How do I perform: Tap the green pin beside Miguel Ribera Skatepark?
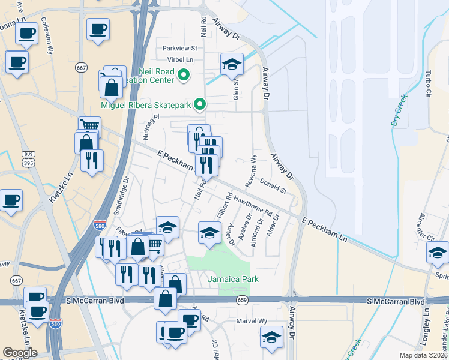coord(200,105)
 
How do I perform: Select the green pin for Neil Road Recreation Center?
coord(184,76)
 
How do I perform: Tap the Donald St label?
coord(274,185)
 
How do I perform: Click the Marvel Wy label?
coord(254,321)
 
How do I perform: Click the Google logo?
coord(20,353)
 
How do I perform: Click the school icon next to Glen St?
coord(232,65)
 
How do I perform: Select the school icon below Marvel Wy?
coord(272,337)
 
